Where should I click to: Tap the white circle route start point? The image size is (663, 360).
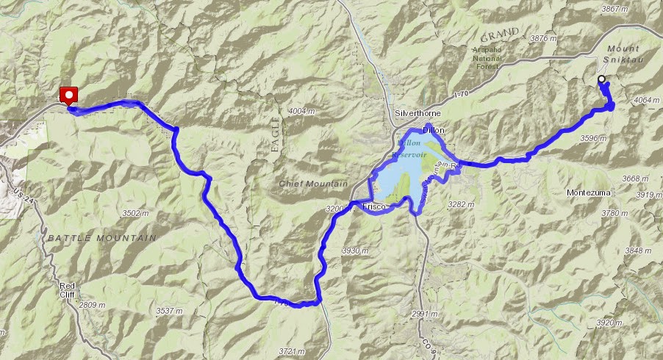point(601,79)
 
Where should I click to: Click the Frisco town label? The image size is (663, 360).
point(375,208)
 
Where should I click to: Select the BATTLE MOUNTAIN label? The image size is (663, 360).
point(102,238)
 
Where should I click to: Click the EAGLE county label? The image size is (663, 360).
point(276,134)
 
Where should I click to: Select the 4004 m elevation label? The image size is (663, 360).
point(301,110)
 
